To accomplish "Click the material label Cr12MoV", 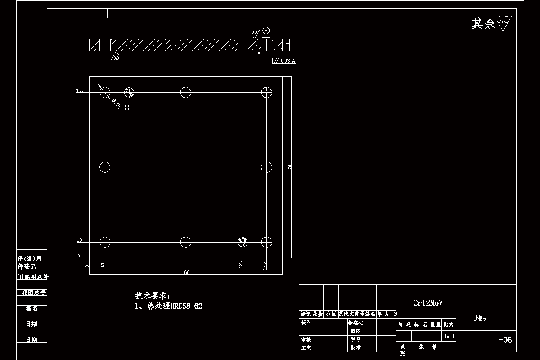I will (427, 303).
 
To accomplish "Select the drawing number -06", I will (505, 340).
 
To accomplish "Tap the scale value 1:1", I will (449, 336).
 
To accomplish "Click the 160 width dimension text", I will (185, 272).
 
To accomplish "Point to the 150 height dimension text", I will (290, 167).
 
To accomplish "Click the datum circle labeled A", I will (266, 31).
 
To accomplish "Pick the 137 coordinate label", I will (80, 91).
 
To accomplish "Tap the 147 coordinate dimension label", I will (265, 265).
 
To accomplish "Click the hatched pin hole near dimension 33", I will (130, 92).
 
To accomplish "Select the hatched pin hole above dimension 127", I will (243, 242).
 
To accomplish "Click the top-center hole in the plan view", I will (186, 92).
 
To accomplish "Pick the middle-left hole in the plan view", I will (105, 167).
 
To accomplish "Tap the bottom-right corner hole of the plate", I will (267, 242).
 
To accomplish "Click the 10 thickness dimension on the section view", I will (287, 45).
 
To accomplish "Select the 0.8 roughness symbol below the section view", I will (115, 56).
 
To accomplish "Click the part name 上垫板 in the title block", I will (481, 318).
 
